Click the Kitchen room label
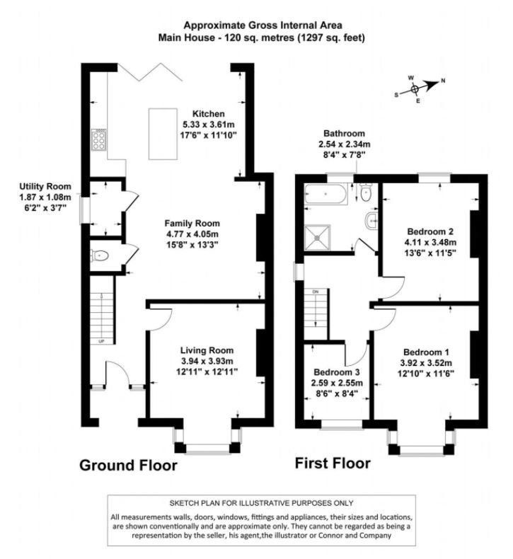[209, 114]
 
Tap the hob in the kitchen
[98, 140]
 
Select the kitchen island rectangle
[163, 134]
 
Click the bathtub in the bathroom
[325, 194]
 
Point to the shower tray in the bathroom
[317, 237]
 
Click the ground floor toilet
[100, 255]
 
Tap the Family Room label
[192, 224]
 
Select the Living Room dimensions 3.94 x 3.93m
[207, 361]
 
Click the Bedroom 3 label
[337, 372]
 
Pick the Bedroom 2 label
[430, 231]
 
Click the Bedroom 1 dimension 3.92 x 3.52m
[426, 363]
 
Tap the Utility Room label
[45, 187]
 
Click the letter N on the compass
[443, 81]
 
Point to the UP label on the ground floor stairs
[101, 342]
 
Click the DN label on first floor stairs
[315, 292]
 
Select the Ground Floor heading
[128, 466]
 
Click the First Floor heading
[333, 463]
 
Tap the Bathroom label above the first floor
[344, 134]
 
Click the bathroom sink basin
[371, 221]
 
